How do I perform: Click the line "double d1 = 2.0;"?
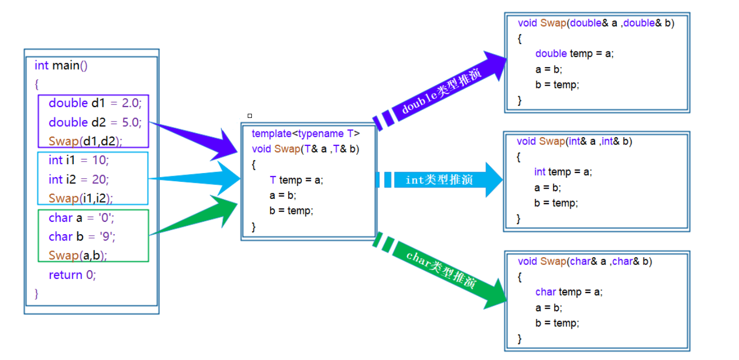pyautogui.click(x=95, y=103)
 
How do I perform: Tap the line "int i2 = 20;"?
pyautogui.click(x=79, y=179)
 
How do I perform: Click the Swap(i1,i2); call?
pyautogui.click(x=80, y=198)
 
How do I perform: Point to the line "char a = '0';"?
pyautogui.click(x=82, y=218)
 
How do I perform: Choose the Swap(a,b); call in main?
pyautogui.click(x=78, y=255)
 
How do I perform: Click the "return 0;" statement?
pyautogui.click(x=72, y=275)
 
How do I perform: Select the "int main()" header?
pyautogui.click(x=61, y=65)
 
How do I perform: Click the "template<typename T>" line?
pyautogui.click(x=305, y=134)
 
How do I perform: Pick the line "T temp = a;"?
pyautogui.click(x=296, y=180)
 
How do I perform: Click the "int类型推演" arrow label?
pyautogui.click(x=439, y=180)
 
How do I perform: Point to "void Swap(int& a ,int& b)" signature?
pyautogui.click(x=574, y=141)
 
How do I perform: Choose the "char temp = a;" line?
pyautogui.click(x=569, y=292)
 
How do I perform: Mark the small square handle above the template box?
pyautogui.click(x=250, y=116)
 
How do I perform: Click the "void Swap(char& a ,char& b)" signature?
pyautogui.click(x=585, y=261)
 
